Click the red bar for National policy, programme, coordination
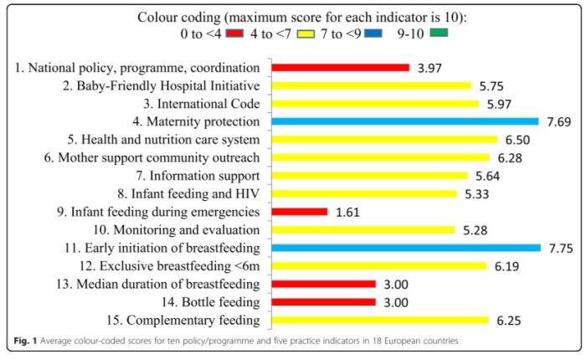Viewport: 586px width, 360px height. click(x=339, y=67)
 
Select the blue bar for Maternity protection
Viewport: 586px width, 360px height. click(x=404, y=121)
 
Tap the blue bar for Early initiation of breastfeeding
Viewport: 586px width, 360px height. click(x=405, y=248)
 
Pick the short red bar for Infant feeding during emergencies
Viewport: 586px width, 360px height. click(x=299, y=212)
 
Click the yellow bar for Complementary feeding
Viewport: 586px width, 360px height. click(x=378, y=320)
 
